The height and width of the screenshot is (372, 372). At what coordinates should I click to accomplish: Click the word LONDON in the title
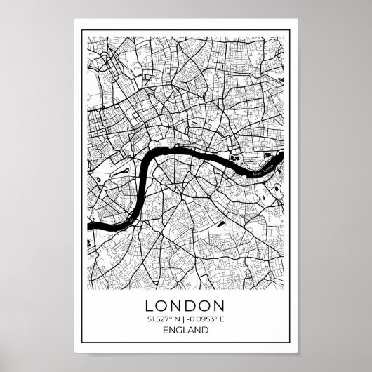185,306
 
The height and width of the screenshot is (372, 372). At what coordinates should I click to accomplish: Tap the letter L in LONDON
150,306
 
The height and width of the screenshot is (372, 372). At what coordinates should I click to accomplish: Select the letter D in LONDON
192,306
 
